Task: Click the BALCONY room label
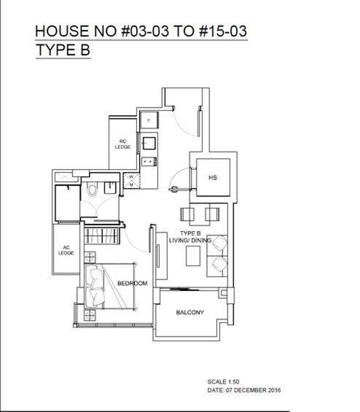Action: (190, 312)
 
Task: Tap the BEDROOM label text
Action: (132, 283)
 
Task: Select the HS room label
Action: (213, 178)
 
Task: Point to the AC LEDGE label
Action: (66, 250)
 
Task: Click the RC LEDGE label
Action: (123, 144)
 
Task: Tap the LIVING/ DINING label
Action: (190, 240)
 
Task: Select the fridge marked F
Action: (149, 120)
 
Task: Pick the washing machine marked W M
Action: (132, 181)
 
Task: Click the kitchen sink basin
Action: (149, 143)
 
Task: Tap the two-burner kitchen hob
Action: (149, 161)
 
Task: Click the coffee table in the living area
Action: (193, 256)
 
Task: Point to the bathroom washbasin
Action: (110, 187)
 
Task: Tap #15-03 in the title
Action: (223, 31)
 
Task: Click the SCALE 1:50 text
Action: (223, 382)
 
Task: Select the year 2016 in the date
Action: (274, 390)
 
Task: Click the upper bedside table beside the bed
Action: (90, 257)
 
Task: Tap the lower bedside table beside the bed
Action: (90, 315)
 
